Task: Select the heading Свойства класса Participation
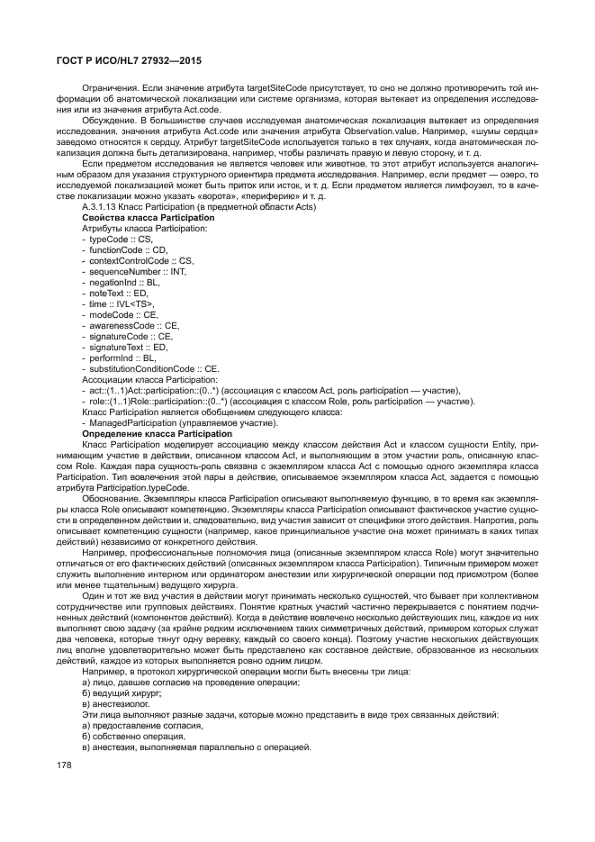[x=148, y=218]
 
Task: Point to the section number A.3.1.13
[x=101, y=207]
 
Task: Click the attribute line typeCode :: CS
[x=119, y=239]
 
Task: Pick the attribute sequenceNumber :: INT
[x=136, y=271]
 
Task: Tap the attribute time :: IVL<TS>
[x=121, y=303]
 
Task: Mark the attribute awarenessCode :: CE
[x=133, y=325]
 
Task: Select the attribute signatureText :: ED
[x=128, y=347]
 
